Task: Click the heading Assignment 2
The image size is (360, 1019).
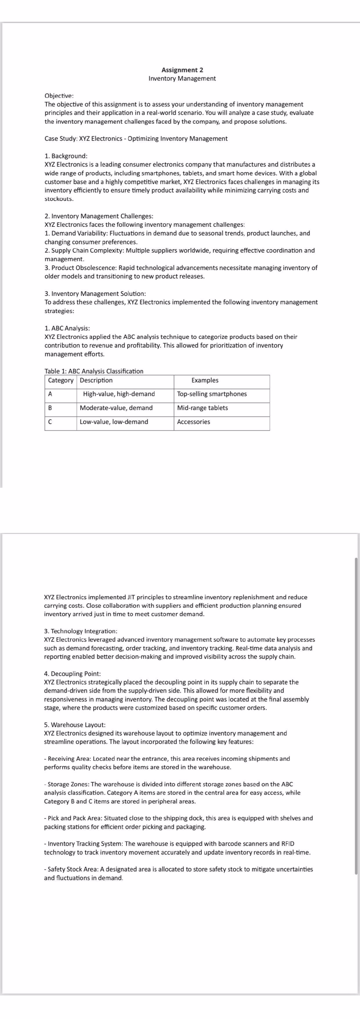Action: click(x=182, y=70)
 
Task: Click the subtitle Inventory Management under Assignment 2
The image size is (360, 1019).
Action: click(x=182, y=79)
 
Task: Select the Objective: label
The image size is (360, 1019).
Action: click(x=59, y=96)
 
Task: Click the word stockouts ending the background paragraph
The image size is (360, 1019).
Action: click(x=59, y=199)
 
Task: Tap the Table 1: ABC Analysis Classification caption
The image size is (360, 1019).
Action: click(x=94, y=371)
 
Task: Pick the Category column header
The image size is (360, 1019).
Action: click(x=60, y=381)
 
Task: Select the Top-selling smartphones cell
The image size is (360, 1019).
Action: click(x=212, y=394)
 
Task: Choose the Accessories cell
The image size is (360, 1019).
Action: click(x=193, y=422)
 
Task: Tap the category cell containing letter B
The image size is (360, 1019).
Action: click(x=50, y=408)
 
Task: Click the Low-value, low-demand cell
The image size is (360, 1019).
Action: click(x=114, y=422)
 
